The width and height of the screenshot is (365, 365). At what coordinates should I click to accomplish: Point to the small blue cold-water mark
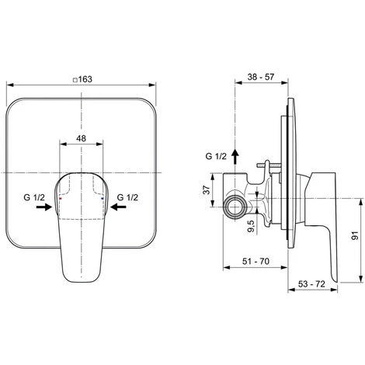click(102, 200)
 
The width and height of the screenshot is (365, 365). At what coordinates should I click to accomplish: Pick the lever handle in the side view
click(325, 225)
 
